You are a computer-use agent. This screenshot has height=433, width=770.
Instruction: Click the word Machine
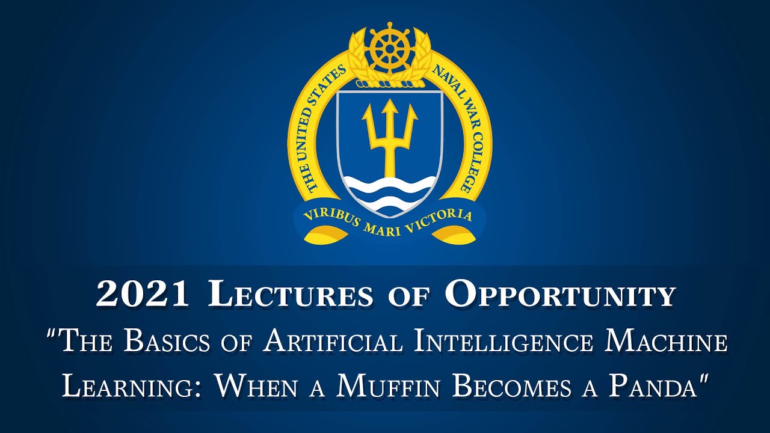[665, 342]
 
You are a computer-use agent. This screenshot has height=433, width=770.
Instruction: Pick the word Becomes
[514, 387]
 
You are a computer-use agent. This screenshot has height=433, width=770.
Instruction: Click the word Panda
[656, 387]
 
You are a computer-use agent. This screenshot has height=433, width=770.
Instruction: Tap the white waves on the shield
[390, 192]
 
